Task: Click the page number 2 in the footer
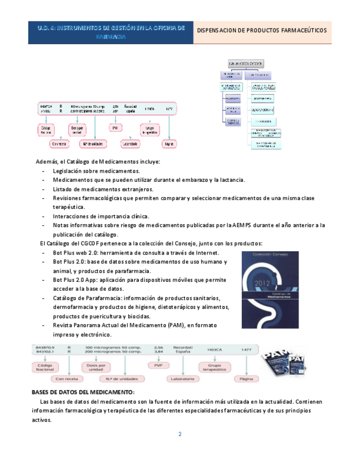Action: click(179, 434)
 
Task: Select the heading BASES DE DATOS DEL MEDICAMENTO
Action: click(83, 392)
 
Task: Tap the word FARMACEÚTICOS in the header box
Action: click(300, 30)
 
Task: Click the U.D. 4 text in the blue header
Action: click(47, 27)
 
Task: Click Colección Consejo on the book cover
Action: click(269, 256)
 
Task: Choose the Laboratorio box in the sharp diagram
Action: click(182, 379)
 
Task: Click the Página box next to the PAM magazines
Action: click(243, 379)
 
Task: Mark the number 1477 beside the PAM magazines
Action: click(246, 349)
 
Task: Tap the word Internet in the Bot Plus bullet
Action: click(207, 252)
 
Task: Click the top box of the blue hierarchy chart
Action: click(245, 64)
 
